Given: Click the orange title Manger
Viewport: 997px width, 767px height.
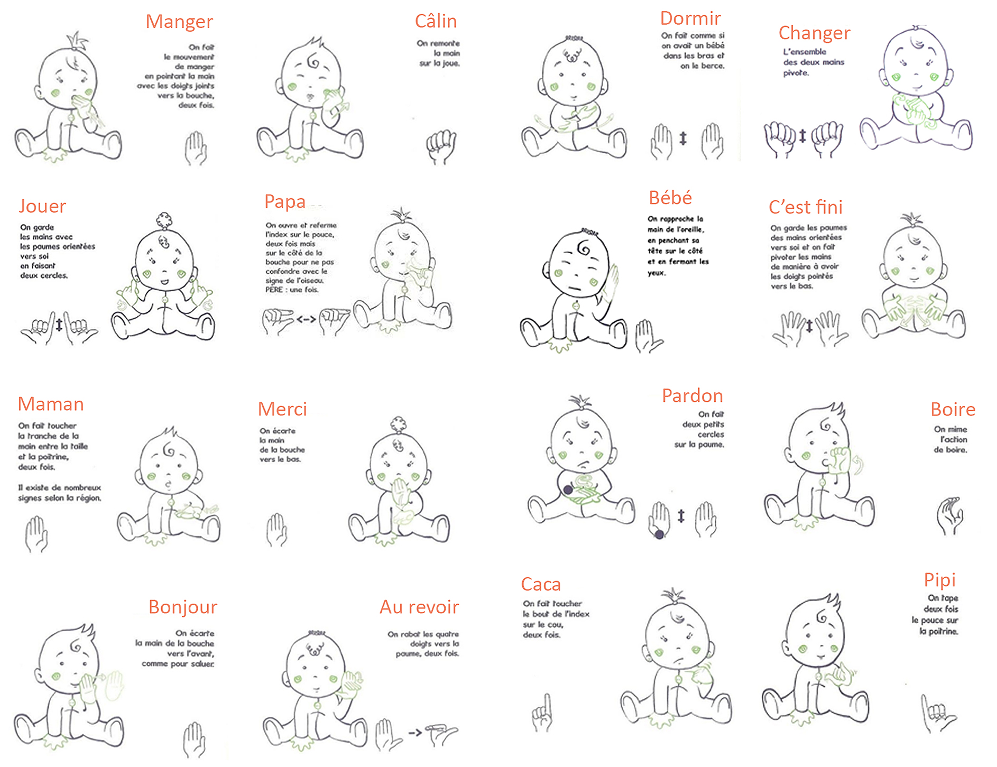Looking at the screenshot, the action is point(179,22).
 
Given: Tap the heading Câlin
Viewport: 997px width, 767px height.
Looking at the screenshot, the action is point(436,21).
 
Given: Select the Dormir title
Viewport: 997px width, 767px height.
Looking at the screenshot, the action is point(690,19).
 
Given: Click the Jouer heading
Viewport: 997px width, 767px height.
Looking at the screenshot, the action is point(42,206).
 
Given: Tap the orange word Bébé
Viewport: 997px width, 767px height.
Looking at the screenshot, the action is point(670,197).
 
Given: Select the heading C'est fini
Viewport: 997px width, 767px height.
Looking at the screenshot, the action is point(806,207).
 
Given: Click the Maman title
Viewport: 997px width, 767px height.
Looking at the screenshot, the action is point(51,404).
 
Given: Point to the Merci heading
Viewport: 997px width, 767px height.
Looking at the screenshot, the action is point(282,409).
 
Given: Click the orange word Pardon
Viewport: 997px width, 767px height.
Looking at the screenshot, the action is point(693,396).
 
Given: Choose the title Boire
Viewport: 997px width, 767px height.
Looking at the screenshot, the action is point(953,410).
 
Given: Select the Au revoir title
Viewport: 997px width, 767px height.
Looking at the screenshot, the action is point(419,607).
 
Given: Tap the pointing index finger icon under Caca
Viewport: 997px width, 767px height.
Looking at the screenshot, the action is point(543,712).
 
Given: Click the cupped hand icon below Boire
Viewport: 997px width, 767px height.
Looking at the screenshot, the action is point(950,515).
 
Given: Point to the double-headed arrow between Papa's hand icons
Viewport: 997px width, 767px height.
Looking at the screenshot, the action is point(306,319).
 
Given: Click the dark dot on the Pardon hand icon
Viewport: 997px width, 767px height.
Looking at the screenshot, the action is point(659,534).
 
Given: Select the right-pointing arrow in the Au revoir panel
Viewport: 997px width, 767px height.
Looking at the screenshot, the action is point(416,733).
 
